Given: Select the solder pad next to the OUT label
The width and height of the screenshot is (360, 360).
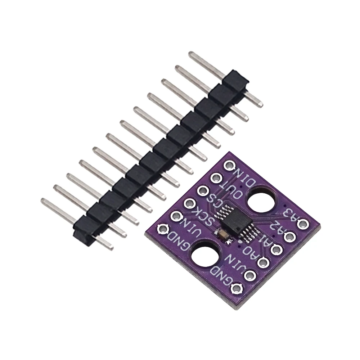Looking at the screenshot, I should click(x=215, y=178).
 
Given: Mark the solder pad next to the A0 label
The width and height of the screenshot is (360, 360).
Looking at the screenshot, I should click(x=262, y=263).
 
